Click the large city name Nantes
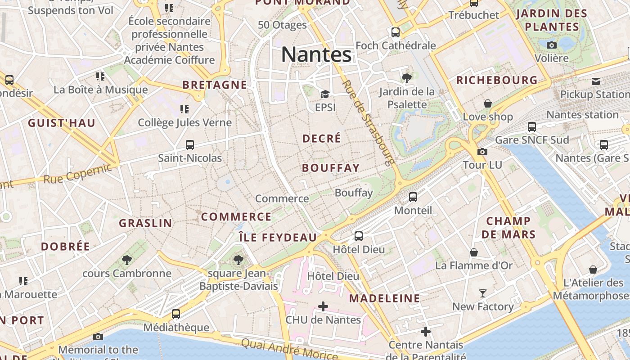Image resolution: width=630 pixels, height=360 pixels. coord(316,55)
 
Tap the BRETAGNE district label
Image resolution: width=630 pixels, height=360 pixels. coord(215,85)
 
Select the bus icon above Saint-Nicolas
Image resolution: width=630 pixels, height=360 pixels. coord(190,145)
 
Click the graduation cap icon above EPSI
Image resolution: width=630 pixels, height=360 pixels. coord(325,94)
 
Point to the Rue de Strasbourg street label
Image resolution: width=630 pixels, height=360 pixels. coord(368,122)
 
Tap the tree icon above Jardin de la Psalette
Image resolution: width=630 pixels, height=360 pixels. coord(407,78)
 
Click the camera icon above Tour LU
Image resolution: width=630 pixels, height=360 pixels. coord(482,152)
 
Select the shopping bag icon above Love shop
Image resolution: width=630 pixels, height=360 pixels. coord(488,104)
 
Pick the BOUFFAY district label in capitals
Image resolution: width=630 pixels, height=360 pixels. coord(331,168)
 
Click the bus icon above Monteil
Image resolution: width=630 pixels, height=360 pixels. coord(413,197)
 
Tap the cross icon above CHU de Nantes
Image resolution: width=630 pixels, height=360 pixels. coord(323,306)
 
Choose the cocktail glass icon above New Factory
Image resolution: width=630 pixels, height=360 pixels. coord(483,293)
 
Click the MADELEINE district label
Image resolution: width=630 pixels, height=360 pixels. coord(384,298)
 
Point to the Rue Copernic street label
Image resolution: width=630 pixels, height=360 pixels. coord(77,174)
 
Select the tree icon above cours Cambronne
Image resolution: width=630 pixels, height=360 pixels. coord(127,260)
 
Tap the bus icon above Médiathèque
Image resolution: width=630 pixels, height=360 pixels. coord(176,314)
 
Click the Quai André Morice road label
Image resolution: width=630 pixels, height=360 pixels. coord(289,350)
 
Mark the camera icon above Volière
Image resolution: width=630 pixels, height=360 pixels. coord(552,45)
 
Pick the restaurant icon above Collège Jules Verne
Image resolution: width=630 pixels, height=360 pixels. coord(184,109)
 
